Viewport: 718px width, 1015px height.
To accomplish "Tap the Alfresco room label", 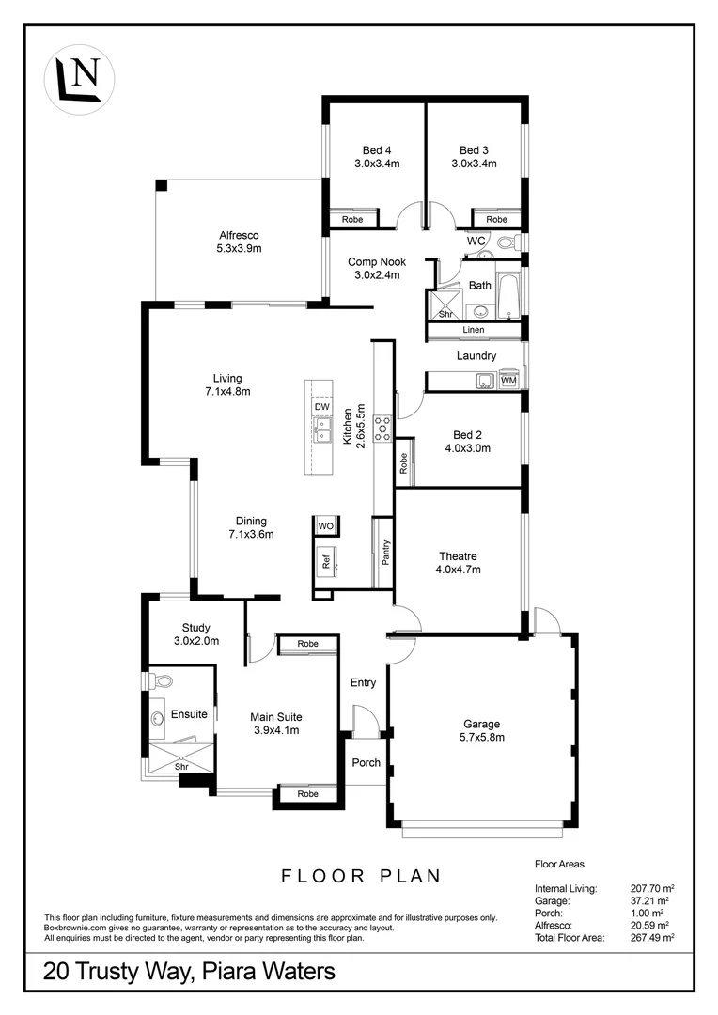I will [x=239, y=235].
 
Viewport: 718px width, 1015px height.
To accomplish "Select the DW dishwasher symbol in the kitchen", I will [x=322, y=406].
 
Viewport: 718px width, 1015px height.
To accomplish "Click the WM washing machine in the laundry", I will [x=508, y=381].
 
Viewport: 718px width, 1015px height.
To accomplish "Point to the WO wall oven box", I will [x=326, y=525].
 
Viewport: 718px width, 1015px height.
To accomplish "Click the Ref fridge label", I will [x=326, y=562].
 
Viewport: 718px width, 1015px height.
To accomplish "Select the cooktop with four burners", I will [x=383, y=429].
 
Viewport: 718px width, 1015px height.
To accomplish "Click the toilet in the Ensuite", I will [x=162, y=680].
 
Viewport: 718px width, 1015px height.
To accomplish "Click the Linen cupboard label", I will [x=475, y=330].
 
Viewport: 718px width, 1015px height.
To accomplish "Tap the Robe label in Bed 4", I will [x=351, y=219].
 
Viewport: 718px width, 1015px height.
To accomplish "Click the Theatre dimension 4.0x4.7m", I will [x=458, y=570].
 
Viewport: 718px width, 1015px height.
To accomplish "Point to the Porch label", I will [x=366, y=762].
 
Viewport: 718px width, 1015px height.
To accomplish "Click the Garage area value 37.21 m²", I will [x=652, y=900].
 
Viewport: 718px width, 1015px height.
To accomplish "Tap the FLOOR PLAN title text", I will [x=362, y=876].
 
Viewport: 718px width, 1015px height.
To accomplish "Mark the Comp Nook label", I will [x=374, y=262].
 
